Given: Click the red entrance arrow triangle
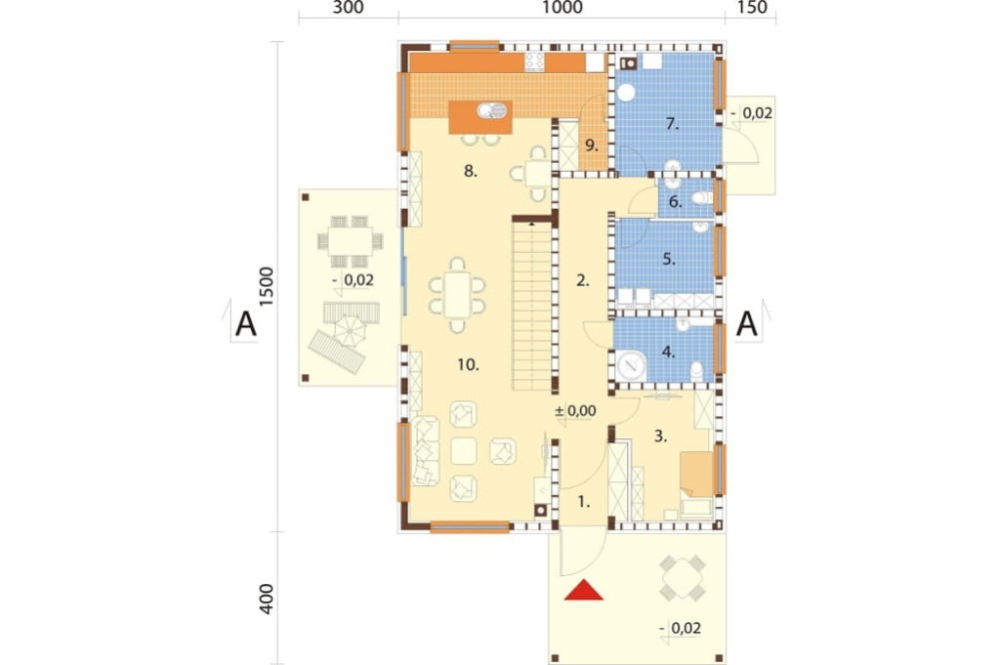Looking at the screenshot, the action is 583,590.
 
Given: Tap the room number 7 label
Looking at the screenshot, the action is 672,124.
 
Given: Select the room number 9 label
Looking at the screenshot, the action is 591,145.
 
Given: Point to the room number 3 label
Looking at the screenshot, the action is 660,436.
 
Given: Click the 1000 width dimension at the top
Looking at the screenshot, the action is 562,7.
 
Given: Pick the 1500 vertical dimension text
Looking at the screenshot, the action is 266,286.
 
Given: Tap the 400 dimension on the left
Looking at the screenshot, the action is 266,599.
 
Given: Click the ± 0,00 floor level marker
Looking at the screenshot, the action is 575,410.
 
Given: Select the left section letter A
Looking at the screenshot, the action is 246,324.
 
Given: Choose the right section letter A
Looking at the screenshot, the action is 746,324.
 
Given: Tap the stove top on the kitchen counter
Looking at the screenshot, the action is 534,62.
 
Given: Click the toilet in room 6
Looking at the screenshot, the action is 703,198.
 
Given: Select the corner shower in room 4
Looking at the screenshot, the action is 630,365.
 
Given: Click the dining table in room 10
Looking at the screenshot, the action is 457,295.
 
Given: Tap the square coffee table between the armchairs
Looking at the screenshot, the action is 464,451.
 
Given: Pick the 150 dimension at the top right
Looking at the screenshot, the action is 752,7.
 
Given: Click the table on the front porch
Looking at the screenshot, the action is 681,578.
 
